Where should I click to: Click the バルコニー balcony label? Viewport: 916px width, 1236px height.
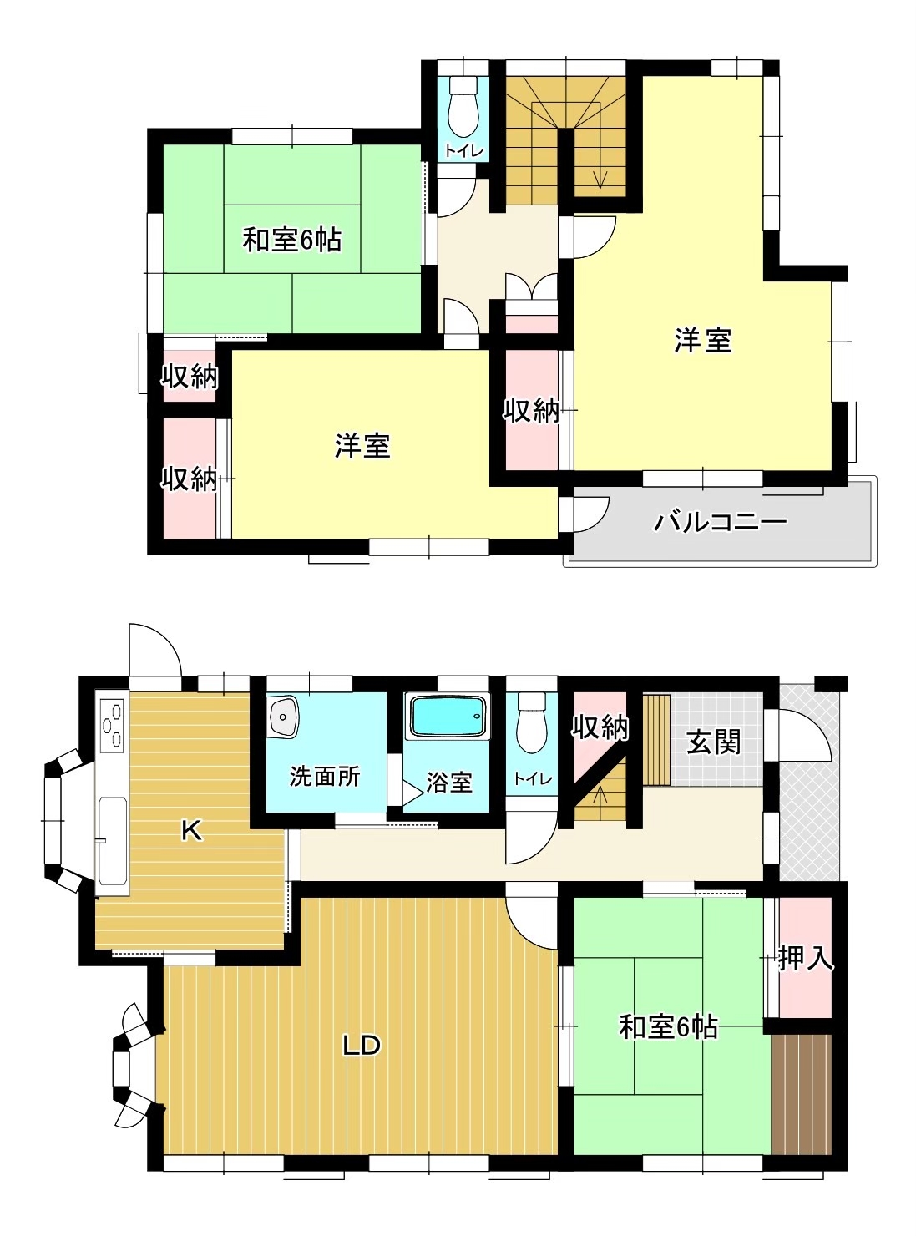click(x=720, y=522)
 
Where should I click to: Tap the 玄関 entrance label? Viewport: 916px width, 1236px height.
click(x=713, y=742)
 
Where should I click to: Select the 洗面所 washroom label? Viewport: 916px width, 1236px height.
click(x=324, y=777)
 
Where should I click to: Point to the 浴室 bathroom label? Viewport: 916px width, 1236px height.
click(x=449, y=783)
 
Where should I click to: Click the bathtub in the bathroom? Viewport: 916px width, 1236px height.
click(x=448, y=717)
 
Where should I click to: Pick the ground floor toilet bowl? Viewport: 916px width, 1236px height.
click(x=533, y=722)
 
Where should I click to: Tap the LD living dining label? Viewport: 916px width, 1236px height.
click(x=361, y=1046)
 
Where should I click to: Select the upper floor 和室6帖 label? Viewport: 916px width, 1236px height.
click(x=291, y=241)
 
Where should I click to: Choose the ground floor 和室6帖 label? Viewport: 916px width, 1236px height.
click(x=668, y=1026)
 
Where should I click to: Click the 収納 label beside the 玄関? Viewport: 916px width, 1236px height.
click(x=600, y=727)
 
